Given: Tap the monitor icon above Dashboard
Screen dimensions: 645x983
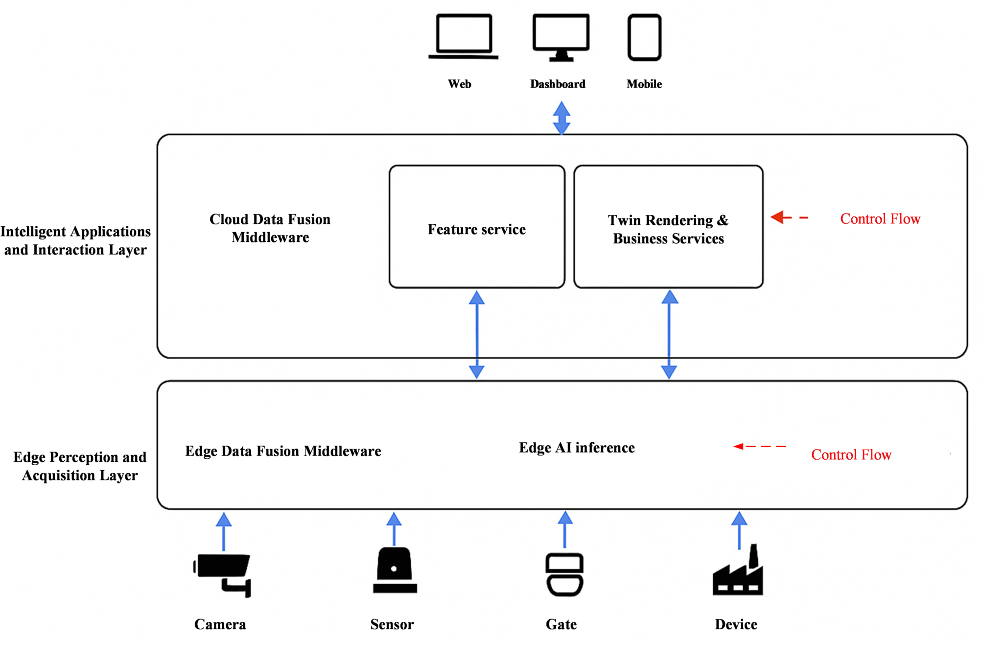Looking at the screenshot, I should [561, 37].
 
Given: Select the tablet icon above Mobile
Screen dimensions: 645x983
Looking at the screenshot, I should [644, 37].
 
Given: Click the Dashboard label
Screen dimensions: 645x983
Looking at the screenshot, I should [558, 84].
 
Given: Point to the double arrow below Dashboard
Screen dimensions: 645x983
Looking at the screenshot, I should [562, 118].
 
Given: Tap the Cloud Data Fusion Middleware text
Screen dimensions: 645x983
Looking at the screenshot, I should [270, 228].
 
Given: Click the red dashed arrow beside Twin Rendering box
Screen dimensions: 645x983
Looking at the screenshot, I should [789, 217].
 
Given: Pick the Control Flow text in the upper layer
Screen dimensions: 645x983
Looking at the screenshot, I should [880, 219].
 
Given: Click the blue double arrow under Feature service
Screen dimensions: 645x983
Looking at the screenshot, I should [477, 334].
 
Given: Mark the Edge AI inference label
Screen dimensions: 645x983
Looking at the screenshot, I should [577, 448].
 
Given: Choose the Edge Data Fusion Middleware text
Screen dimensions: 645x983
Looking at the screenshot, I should [283, 451].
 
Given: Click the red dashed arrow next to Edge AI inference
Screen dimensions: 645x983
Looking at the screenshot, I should [760, 446].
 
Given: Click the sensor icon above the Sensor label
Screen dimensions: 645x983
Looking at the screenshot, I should [395, 570].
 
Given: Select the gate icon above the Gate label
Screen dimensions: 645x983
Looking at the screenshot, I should [564, 574].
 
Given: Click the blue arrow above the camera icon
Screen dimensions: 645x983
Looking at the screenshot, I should [224, 531].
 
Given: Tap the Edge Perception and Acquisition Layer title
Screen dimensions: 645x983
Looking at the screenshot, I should [80, 466].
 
